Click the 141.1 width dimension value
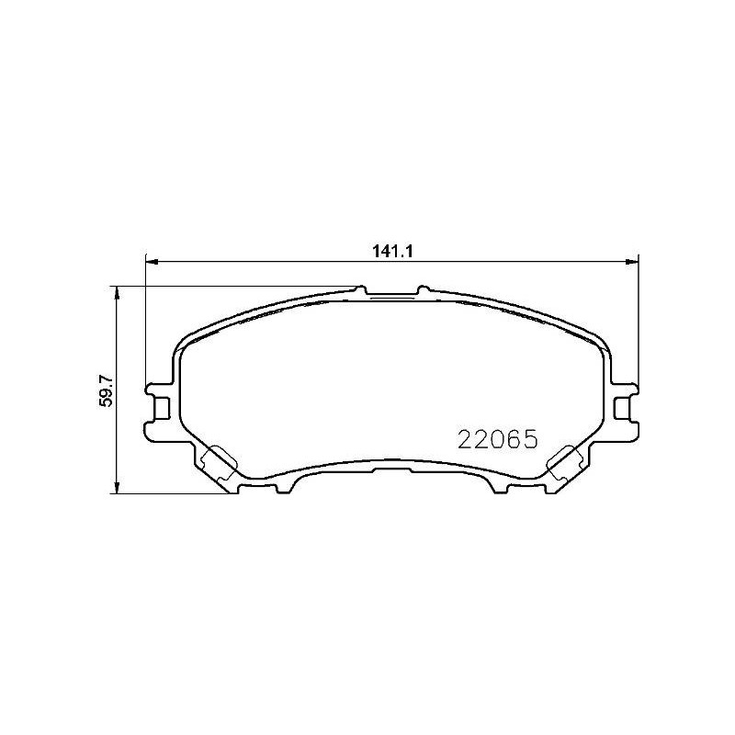click(x=392, y=251)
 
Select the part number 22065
click(x=497, y=440)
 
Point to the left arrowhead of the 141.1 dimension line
click(x=152, y=262)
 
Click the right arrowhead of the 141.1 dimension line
click(x=632, y=262)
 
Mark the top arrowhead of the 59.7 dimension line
click(x=118, y=292)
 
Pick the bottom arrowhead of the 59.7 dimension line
click(x=118, y=488)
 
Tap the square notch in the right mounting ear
click(x=623, y=407)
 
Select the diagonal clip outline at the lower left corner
click(x=219, y=463)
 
